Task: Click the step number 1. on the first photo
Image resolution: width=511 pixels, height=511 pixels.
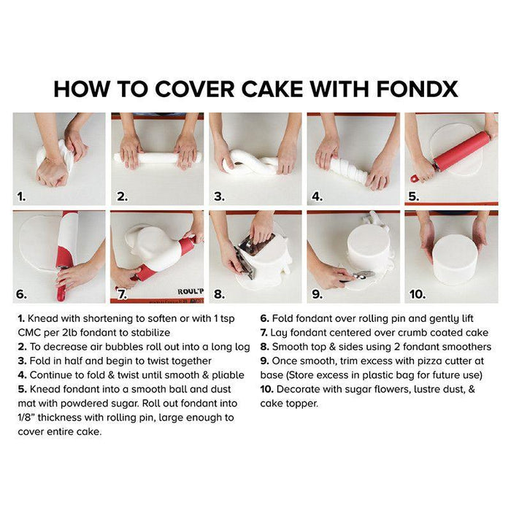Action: pos(21,196)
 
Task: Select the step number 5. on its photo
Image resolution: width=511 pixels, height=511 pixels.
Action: pos(414,196)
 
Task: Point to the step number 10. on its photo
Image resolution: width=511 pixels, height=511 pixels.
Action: pos(418,294)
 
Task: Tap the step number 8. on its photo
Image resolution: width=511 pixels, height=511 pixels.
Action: pos(219,294)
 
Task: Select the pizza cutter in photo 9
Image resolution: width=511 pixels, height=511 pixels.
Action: pos(358,276)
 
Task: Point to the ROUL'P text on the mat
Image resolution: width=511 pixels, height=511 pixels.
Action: pos(191,291)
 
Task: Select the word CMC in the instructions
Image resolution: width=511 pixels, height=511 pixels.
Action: pos(28,332)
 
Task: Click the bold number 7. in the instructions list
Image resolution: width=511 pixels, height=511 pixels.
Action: pos(264,333)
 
